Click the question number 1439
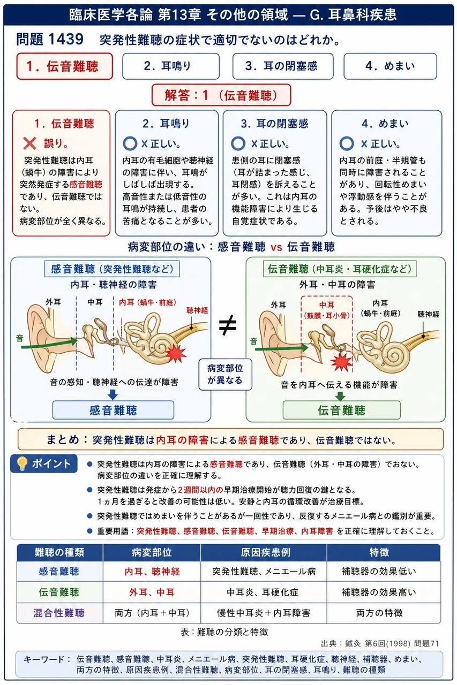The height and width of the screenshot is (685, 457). (x=66, y=39)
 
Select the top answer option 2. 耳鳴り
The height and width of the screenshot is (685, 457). (x=171, y=66)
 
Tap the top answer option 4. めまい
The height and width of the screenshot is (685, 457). (x=390, y=66)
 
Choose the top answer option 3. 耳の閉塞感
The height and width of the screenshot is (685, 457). (x=283, y=66)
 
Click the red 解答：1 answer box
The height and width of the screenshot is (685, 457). (x=221, y=95)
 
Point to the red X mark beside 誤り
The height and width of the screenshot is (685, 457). (x=29, y=143)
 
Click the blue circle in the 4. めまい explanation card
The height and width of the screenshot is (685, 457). (x=347, y=143)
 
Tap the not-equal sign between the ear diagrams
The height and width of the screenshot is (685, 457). (x=228, y=325)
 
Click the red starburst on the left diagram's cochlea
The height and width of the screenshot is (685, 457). (x=176, y=354)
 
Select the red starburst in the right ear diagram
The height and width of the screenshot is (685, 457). (x=341, y=362)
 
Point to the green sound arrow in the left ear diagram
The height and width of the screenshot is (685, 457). (x=49, y=344)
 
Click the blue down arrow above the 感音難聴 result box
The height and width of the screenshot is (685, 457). (x=113, y=394)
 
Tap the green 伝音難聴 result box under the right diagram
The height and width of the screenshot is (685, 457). (x=342, y=410)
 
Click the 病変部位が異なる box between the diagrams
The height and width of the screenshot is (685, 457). (x=226, y=374)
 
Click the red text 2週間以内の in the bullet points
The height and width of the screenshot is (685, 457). (x=200, y=490)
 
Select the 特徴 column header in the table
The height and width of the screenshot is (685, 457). (x=379, y=552)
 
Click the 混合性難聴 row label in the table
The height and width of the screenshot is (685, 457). (x=59, y=613)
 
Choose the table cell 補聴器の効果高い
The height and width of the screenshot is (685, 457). (x=379, y=592)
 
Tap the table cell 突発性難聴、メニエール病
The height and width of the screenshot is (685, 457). (x=264, y=571)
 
